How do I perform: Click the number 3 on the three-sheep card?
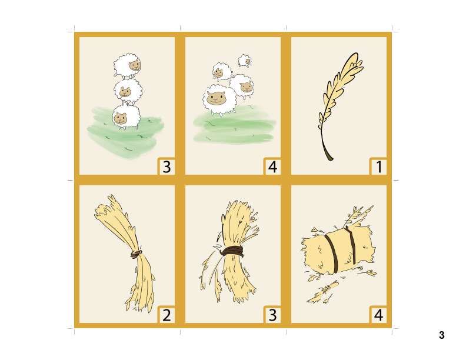[x=167, y=167]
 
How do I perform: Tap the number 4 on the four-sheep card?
[x=272, y=167]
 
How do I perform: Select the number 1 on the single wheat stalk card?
[x=378, y=167]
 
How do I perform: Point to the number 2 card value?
[x=167, y=315]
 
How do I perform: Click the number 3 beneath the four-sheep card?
[x=272, y=315]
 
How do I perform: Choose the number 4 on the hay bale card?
[x=378, y=315]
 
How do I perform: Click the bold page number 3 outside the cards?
[x=441, y=336]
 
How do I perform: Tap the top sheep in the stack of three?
[x=128, y=66]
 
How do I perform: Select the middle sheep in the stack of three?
[x=127, y=91]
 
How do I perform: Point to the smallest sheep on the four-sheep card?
[x=245, y=60]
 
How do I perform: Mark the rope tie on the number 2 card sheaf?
[x=136, y=254]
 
